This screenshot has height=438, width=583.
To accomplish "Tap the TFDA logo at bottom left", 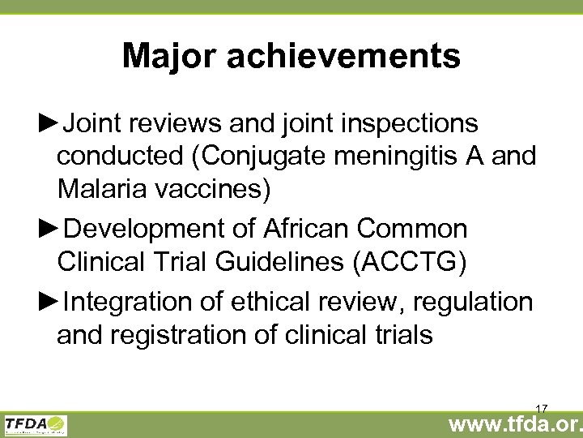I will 36,424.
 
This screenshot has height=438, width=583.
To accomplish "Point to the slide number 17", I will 542,408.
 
